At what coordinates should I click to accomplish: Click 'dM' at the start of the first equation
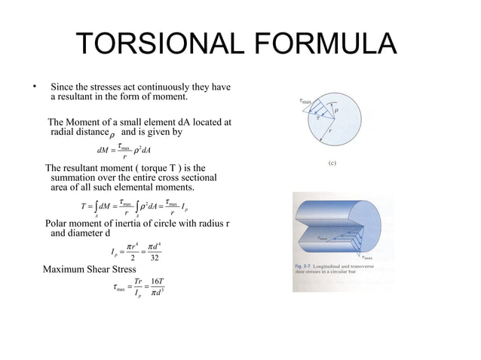click(94, 149)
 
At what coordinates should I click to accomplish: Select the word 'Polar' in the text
click(59, 224)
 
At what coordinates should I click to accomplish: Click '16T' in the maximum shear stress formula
click(158, 281)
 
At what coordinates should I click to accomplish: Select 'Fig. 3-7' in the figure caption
click(304, 269)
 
